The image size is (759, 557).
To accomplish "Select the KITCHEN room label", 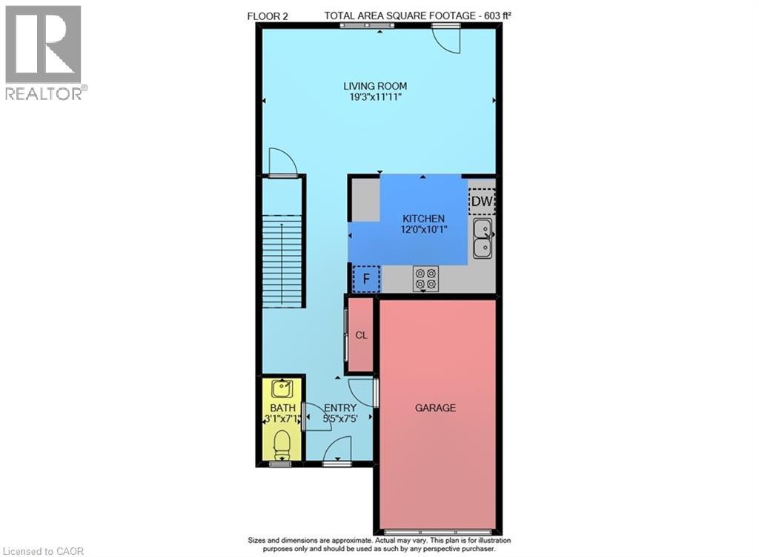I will [x=423, y=218].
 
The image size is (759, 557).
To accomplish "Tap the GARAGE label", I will [x=435, y=408].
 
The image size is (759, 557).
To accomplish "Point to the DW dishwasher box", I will [x=482, y=201].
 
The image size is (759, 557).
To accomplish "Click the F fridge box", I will [x=365, y=280].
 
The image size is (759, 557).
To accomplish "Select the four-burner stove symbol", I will [x=425, y=278].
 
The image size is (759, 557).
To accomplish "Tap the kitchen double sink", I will [x=483, y=238].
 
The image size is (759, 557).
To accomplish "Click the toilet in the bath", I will [x=282, y=445].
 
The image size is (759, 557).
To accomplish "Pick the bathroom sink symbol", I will [x=282, y=388].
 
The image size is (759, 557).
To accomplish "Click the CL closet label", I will [x=361, y=335].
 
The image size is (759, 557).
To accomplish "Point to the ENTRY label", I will [x=340, y=408].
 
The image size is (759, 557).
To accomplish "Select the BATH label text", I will [x=282, y=408].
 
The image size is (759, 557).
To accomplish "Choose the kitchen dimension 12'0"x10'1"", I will [x=423, y=229].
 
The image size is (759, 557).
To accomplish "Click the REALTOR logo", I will [x=44, y=52].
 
